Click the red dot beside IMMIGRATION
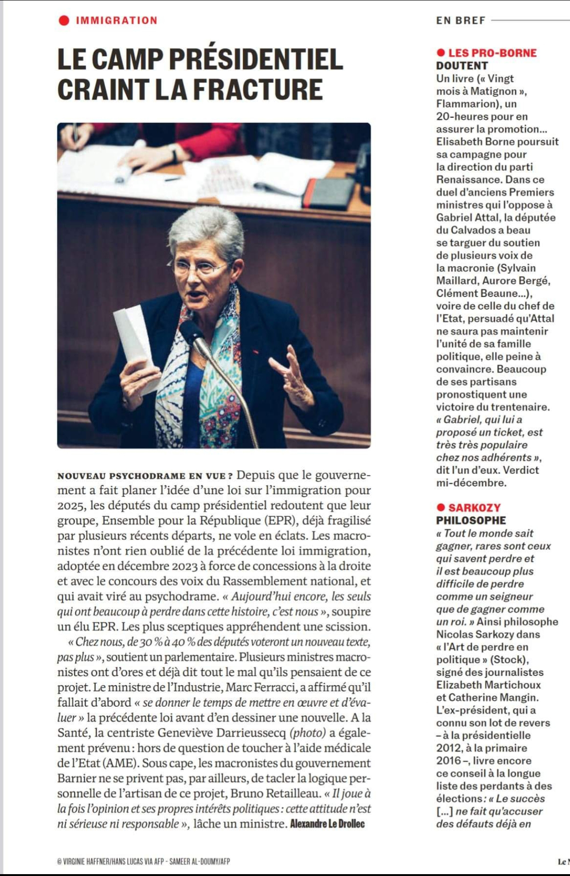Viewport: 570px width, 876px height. tap(64, 20)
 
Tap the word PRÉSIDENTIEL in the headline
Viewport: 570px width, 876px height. tap(256, 59)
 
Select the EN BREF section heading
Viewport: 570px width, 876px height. tap(461, 20)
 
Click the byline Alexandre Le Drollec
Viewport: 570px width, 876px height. tap(327, 824)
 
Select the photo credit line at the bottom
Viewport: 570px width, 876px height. tap(143, 861)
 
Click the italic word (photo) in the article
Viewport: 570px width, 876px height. tap(308, 732)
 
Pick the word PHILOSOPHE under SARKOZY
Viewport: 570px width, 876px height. tap(471, 520)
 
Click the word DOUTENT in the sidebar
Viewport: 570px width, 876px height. tap(462, 65)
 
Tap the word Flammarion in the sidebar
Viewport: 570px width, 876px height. tap(465, 103)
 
